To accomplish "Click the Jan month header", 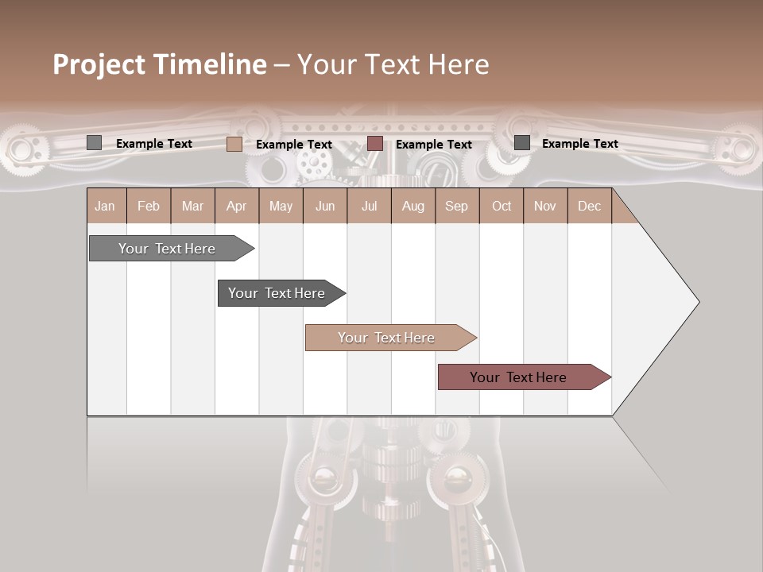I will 105,207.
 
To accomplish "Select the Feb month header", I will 149,207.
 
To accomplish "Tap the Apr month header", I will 236,207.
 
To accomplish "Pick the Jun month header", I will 325,207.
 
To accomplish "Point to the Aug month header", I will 412,207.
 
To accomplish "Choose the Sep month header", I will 456,207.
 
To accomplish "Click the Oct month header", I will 502,207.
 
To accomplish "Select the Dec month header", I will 589,207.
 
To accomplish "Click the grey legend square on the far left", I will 94,143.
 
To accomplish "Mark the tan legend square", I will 234,144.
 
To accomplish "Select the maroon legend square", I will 375,144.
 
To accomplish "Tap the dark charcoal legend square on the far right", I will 522,143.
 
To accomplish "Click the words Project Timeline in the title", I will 160,64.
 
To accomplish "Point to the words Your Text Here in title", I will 393,64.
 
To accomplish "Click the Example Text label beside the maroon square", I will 433,145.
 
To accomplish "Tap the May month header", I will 281,207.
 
